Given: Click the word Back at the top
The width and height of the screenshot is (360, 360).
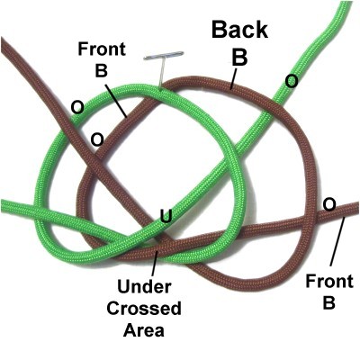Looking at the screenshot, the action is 239,30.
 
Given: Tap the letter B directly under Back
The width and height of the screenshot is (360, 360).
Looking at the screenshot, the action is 239,57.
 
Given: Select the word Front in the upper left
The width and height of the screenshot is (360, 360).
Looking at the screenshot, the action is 102,49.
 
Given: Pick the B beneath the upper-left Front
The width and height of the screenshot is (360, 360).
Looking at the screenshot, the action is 102,71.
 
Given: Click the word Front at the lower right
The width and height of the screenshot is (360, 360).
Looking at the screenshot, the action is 329,282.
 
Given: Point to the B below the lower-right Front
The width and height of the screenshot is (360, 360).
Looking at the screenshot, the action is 329,302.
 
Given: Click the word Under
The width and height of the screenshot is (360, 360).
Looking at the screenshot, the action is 144,287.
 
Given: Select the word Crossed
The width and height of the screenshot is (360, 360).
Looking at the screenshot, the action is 144,309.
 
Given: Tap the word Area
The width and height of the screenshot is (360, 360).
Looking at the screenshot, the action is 144,330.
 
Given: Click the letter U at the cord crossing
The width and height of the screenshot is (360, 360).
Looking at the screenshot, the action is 166,216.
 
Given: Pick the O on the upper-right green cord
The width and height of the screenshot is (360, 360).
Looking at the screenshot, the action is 292,81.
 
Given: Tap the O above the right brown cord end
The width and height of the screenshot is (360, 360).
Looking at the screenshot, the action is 329,205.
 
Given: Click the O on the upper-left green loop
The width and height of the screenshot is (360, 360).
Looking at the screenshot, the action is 77,107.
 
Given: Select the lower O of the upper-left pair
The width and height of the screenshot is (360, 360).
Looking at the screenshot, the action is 97,139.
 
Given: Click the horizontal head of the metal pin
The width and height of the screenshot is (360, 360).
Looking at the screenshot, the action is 164,56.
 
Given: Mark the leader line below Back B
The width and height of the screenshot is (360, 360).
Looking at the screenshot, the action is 233,79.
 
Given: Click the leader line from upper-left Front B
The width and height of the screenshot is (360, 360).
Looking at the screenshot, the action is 115,101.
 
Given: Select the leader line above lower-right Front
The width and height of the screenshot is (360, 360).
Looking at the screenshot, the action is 337,242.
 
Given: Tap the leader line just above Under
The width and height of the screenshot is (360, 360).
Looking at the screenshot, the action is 155,264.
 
